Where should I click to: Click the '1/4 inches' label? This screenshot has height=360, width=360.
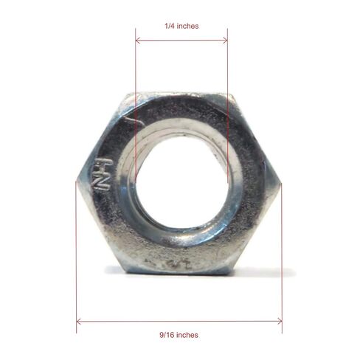coord(181,26)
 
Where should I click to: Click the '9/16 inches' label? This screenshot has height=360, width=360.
coord(179,335)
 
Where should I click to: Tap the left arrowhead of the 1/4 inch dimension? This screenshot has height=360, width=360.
coord(138,40)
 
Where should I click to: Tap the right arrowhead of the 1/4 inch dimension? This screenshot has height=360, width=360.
coord(225,40)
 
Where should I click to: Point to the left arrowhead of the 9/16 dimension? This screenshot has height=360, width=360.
coord(79,321)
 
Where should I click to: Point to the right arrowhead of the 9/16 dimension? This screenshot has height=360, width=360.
coord(280,321)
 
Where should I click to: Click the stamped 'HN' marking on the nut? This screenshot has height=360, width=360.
coord(103,174)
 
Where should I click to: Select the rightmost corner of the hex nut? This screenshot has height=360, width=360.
coord(281,182)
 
